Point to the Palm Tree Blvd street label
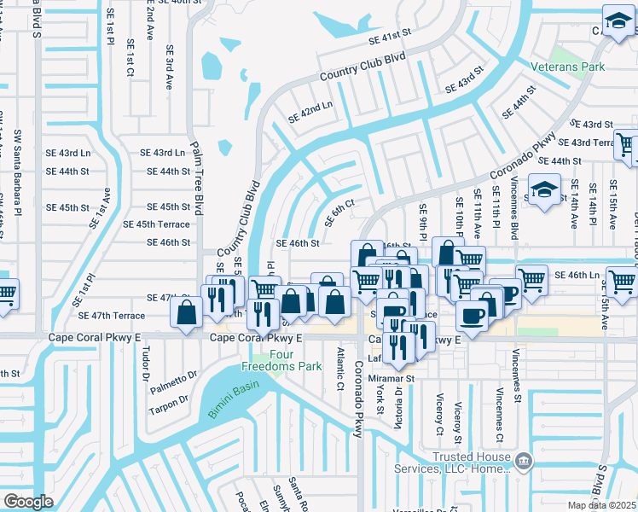coord(197,178)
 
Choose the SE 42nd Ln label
coord(310,113)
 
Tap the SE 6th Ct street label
coord(339,212)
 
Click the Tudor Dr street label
coord(146,364)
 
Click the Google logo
coord(28,502)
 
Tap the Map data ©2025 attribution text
coord(601,505)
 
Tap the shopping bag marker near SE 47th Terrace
coord(186,311)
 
